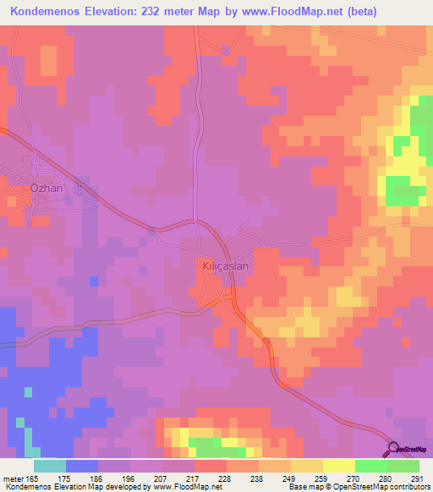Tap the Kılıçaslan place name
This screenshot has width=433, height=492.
point(222,264)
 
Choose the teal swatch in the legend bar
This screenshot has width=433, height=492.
point(50,465)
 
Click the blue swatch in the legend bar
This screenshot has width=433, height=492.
point(82,465)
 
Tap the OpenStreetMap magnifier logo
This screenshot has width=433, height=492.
point(394,449)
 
